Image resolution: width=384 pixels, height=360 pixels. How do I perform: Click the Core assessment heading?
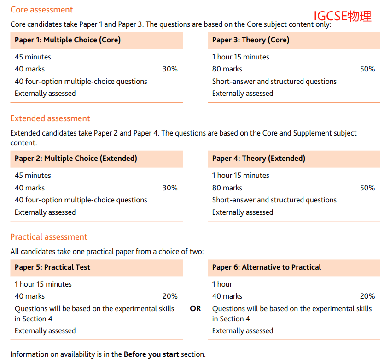41,10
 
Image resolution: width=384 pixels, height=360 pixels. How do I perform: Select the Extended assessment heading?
50,118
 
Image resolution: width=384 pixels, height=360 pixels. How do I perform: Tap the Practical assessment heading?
49,237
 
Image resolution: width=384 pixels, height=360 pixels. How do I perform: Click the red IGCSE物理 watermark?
342,16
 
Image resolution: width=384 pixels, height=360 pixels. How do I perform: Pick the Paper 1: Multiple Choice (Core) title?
68,40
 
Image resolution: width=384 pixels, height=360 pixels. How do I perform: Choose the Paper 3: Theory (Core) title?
250,40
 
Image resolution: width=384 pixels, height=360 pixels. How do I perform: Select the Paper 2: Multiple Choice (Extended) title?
76,159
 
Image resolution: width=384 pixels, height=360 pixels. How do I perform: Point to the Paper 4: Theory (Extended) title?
258,159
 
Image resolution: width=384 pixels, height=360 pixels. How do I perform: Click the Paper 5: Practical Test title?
52,267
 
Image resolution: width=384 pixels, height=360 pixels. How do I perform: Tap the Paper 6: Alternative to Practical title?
267,267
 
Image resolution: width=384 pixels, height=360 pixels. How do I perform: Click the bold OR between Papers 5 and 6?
195,308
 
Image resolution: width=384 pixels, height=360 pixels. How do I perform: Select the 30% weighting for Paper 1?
170,69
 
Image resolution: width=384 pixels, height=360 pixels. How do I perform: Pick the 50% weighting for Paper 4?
367,188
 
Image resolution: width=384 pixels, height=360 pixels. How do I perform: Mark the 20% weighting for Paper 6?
367,296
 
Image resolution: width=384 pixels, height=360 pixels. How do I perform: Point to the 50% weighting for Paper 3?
367,69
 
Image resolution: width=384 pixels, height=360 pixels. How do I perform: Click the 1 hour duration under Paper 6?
222,284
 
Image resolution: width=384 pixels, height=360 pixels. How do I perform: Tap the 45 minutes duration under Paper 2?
33,176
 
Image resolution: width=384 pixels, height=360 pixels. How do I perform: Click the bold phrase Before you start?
151,354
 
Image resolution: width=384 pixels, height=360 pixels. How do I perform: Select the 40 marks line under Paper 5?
29,296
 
